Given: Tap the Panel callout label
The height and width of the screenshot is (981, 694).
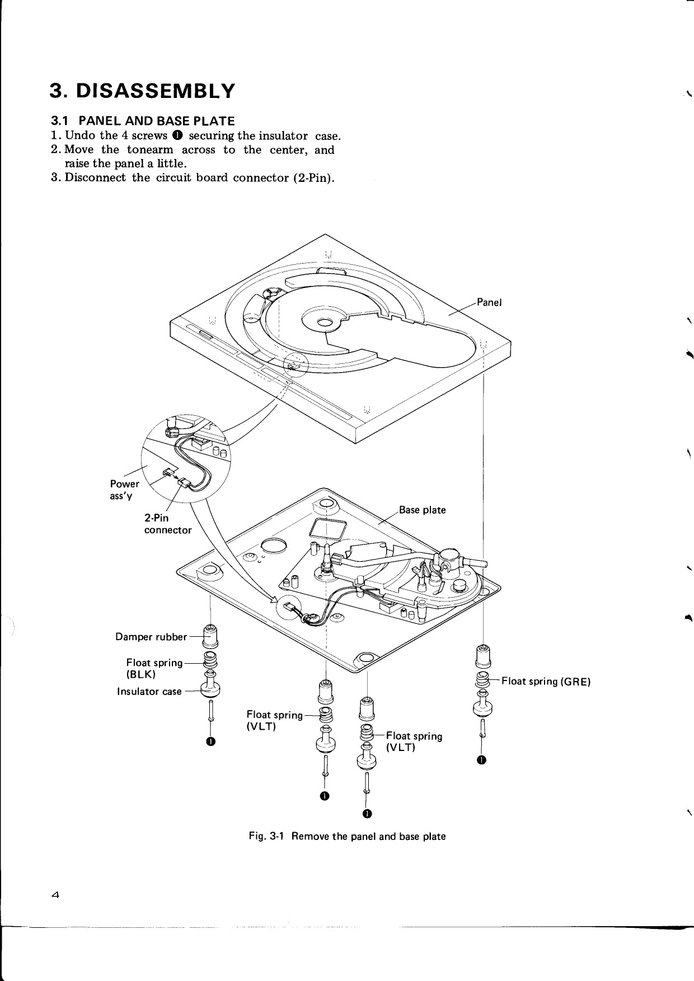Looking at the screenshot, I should pyautogui.click(x=489, y=302).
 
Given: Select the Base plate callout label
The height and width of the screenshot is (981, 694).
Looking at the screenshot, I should pyautogui.click(x=422, y=510).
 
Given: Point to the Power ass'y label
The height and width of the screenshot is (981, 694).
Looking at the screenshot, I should pyautogui.click(x=124, y=489).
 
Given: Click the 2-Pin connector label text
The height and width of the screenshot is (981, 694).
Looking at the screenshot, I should pyautogui.click(x=167, y=524).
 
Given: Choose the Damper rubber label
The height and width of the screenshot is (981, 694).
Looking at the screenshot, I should pyautogui.click(x=151, y=637).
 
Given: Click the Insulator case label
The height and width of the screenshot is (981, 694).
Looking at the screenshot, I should pyautogui.click(x=149, y=692).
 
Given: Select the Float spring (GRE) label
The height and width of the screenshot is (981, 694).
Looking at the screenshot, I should pyautogui.click(x=546, y=681).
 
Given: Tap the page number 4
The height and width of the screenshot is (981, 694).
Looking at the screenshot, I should pyautogui.click(x=55, y=894).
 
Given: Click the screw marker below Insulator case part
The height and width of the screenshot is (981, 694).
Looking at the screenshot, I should pyautogui.click(x=210, y=742).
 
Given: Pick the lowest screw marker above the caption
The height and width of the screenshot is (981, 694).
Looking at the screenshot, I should pyautogui.click(x=367, y=813).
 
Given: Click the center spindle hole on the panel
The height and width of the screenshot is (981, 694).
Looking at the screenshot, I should pyautogui.click(x=324, y=322).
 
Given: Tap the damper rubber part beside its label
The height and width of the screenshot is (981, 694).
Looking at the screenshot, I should pyautogui.click(x=210, y=635).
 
